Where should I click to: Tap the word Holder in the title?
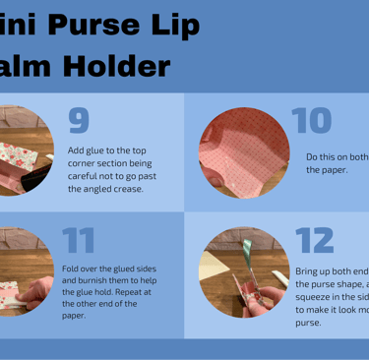click(x=115, y=66)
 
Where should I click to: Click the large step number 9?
click(x=79, y=119)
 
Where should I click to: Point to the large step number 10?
click(x=312, y=120)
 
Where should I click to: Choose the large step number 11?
click(x=79, y=241)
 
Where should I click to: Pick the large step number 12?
click(x=315, y=241)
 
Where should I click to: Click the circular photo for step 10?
click(x=244, y=152)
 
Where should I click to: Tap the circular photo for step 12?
click(x=244, y=272)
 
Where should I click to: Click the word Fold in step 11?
click(x=71, y=269)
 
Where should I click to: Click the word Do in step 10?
click(x=312, y=156)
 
